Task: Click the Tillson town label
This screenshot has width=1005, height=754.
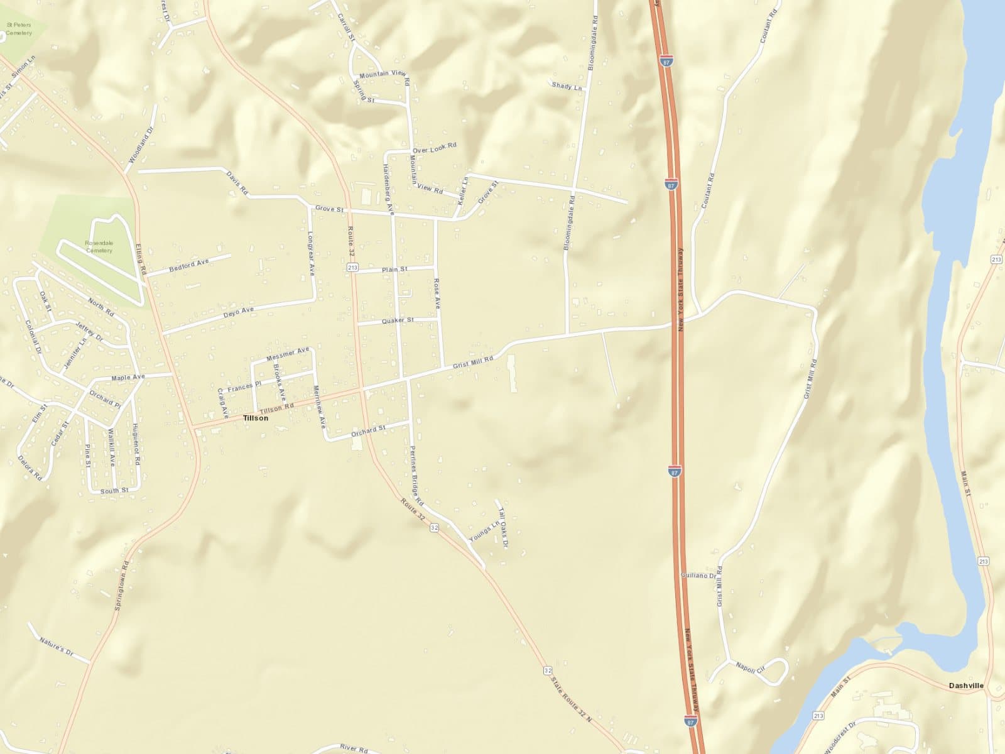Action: tap(255, 418)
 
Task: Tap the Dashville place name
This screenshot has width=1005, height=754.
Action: tap(966, 686)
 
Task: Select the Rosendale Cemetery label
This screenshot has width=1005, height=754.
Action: tap(99, 246)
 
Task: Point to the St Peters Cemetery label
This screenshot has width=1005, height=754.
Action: tap(19, 28)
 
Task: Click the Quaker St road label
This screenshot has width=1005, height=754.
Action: tap(398, 320)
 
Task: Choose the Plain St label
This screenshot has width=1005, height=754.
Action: tap(395, 270)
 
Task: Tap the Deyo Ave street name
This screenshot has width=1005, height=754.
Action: tap(239, 312)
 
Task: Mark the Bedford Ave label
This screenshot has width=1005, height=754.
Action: tap(189, 265)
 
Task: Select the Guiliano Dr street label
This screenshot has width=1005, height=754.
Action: tap(698, 576)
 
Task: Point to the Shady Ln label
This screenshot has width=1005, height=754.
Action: tap(567, 86)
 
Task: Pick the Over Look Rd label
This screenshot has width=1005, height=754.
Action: tap(434, 148)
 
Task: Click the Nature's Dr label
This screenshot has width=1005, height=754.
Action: tap(57, 647)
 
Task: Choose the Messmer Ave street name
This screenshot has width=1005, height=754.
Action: tap(288, 354)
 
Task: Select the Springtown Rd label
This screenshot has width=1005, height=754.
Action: tap(121, 586)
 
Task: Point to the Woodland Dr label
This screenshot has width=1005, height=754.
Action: tap(141, 146)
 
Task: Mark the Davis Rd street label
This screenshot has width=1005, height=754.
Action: tap(238, 183)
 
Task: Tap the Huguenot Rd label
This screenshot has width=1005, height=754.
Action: tap(136, 444)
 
